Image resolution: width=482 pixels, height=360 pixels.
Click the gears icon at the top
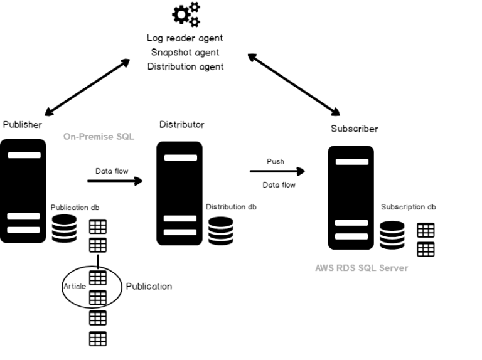click(x=186, y=14)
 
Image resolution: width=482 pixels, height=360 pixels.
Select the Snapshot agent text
click(x=185, y=53)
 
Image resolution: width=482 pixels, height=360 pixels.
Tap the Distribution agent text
click(x=185, y=66)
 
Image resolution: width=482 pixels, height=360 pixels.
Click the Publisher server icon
click(x=23, y=191)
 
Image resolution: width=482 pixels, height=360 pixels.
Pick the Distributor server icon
click(x=179, y=193)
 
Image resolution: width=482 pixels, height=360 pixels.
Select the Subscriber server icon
click(x=351, y=197)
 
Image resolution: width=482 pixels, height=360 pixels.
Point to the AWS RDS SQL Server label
click(x=361, y=268)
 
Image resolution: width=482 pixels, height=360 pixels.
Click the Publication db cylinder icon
click(x=64, y=229)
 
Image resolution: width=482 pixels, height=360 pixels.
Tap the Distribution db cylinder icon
click(x=221, y=230)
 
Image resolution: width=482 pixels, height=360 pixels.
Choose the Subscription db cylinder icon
click(x=392, y=235)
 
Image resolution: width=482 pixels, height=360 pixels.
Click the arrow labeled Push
click(x=277, y=171)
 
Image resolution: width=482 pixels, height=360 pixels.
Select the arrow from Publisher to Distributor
click(x=115, y=181)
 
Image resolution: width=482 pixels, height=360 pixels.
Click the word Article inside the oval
click(x=74, y=286)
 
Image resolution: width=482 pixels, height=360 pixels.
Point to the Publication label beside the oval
click(x=149, y=286)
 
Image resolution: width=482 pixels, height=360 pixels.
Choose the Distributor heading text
click(x=181, y=125)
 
